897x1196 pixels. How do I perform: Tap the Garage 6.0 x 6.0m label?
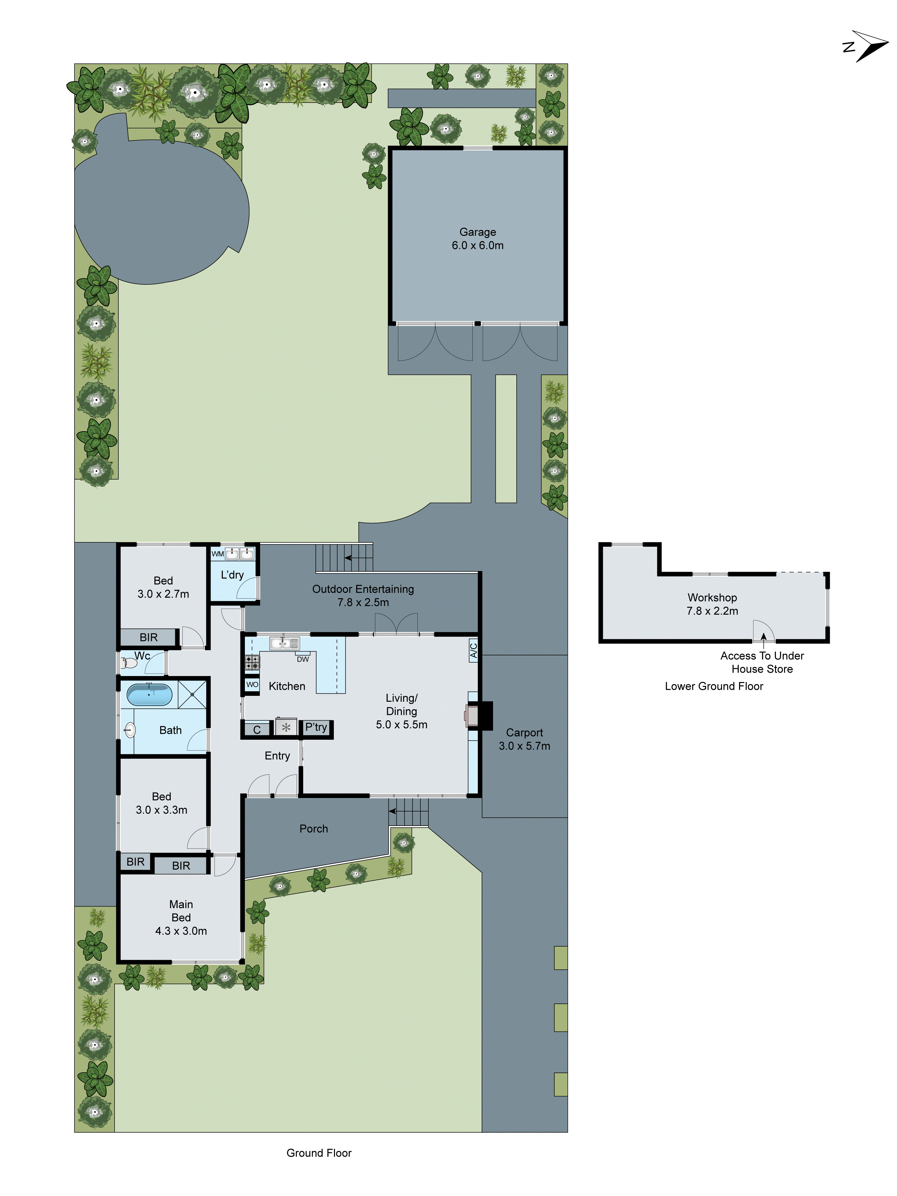pyautogui.click(x=478, y=238)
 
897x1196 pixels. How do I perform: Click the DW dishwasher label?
pyautogui.click(x=303, y=659)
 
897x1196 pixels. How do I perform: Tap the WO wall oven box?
pyautogui.click(x=252, y=684)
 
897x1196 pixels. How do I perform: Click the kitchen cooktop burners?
pyautogui.click(x=252, y=662)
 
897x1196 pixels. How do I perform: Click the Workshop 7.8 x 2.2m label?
pyautogui.click(x=712, y=604)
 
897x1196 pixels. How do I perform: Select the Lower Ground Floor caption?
pyautogui.click(x=714, y=686)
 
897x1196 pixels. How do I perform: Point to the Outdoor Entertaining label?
pyautogui.click(x=363, y=595)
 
